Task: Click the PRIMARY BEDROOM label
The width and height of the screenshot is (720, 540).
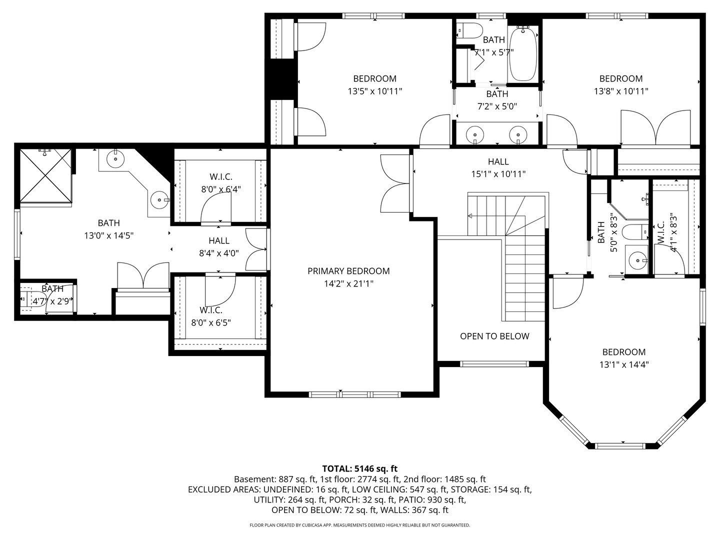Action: click(x=348, y=271)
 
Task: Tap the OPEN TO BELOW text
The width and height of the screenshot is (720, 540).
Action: click(x=494, y=336)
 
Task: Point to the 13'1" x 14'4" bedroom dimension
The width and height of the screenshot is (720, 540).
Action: click(x=623, y=365)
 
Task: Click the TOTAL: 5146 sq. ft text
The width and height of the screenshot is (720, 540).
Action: click(x=359, y=468)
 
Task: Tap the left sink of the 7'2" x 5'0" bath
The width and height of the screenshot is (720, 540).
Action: click(x=474, y=134)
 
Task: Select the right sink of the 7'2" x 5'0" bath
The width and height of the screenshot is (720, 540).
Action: click(x=518, y=134)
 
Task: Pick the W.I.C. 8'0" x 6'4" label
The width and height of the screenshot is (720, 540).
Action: click(x=220, y=183)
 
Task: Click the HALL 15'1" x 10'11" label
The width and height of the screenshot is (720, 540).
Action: click(x=498, y=167)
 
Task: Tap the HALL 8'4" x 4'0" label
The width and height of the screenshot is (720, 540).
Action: click(x=219, y=247)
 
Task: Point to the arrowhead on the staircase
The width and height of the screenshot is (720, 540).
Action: click(x=470, y=216)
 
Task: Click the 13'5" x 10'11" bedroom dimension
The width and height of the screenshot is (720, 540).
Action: click(x=374, y=91)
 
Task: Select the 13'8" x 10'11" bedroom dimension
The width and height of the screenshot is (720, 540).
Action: click(x=620, y=91)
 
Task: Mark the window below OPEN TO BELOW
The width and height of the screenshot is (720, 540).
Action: click(x=494, y=364)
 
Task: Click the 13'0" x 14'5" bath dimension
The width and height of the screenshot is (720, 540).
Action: click(x=108, y=235)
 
